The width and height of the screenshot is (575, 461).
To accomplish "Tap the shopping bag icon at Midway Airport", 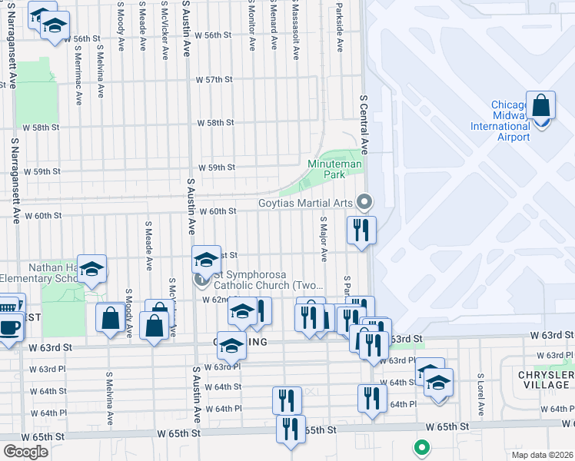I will tap(541, 107).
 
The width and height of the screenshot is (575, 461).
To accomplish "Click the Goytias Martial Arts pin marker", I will tap(365, 203).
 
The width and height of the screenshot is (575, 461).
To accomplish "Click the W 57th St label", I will tap(214, 80).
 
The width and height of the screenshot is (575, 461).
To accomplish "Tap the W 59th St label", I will tap(217, 167).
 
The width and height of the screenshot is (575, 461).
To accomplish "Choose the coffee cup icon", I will tap(10, 327).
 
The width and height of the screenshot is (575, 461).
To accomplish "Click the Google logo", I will tap(25, 452).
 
